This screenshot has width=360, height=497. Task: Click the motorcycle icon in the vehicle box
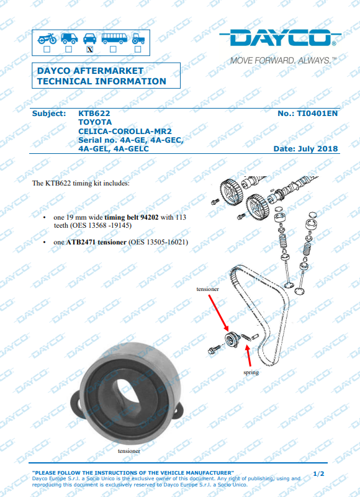47,38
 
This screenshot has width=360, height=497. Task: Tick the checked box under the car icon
90,50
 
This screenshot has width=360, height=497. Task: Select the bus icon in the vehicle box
114,38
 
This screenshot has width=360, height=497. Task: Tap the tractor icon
138,38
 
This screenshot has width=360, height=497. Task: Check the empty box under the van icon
68,50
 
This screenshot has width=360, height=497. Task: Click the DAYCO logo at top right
281,38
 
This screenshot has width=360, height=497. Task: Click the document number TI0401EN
317,114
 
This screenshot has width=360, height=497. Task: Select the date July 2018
318,149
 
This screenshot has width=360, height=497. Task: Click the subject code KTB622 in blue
94,114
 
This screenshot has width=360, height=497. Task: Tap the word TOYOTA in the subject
95,122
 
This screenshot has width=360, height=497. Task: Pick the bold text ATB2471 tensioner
96,242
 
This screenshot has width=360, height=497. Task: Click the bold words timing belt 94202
132,217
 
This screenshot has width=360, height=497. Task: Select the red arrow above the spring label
248,356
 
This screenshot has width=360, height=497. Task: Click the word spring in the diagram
251,372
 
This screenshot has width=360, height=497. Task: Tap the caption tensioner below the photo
128,450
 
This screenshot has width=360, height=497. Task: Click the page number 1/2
319,474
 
